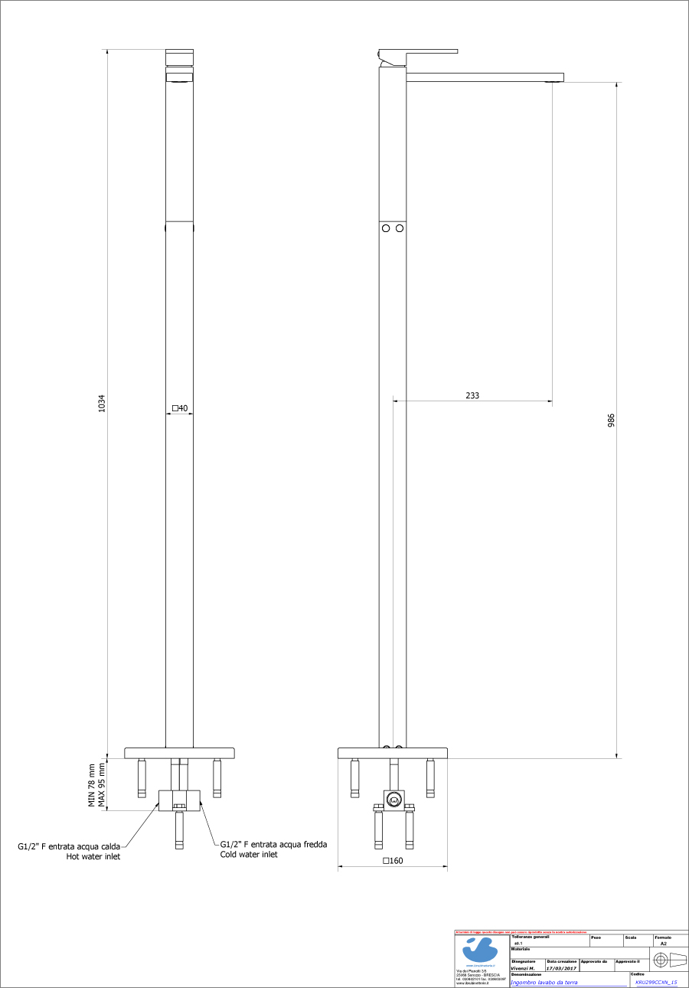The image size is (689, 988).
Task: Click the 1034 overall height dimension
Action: click(x=102, y=404)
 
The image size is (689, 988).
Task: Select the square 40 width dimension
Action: click(x=181, y=408)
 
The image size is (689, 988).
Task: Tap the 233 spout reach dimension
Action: click(x=472, y=395)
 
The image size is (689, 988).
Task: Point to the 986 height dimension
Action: click(x=611, y=420)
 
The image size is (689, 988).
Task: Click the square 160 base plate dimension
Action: click(x=393, y=861)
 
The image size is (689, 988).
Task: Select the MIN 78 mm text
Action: click(x=91, y=785)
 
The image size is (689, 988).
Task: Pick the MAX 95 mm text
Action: click(x=101, y=785)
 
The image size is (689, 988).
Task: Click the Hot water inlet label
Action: click(x=93, y=856)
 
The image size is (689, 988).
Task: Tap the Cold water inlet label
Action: click(x=249, y=854)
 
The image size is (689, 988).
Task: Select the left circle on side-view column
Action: click(x=387, y=228)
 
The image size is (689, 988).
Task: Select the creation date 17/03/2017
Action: click(x=561, y=968)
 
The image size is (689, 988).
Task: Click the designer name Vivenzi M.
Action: click(x=522, y=968)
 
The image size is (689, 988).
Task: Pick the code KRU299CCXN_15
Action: click(x=656, y=982)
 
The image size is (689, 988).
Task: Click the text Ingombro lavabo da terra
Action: click(x=544, y=982)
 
